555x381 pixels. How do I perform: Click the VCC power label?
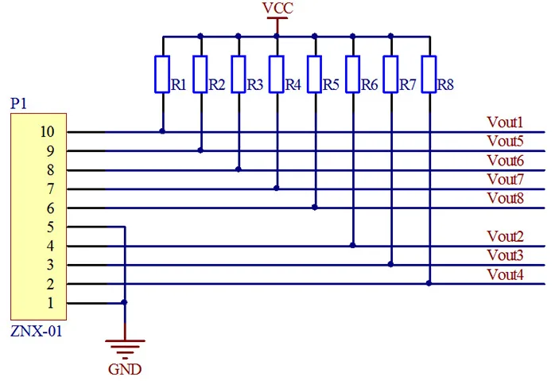277,8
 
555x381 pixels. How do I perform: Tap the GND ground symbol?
125,348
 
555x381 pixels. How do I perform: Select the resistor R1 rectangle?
162,74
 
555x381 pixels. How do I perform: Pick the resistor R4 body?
277,74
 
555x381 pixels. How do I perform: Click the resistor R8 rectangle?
429,74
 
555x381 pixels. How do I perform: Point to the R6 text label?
370,85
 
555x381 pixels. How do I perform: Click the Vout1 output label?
505,122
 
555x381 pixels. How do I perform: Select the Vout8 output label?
505,198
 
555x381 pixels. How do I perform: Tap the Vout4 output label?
505,274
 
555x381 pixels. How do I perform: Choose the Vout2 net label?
505,236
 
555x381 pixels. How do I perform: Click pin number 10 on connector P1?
47,132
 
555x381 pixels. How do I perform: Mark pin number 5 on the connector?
51,227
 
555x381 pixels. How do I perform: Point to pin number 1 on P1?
51,303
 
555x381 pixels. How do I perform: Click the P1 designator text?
18,103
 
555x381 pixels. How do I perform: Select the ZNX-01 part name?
36,331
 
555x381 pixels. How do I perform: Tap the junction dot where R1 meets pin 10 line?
162,131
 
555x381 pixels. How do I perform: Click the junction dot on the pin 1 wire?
124,302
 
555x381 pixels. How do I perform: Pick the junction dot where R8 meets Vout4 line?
429,283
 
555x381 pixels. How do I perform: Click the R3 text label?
255,85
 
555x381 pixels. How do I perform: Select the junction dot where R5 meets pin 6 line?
315,207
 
